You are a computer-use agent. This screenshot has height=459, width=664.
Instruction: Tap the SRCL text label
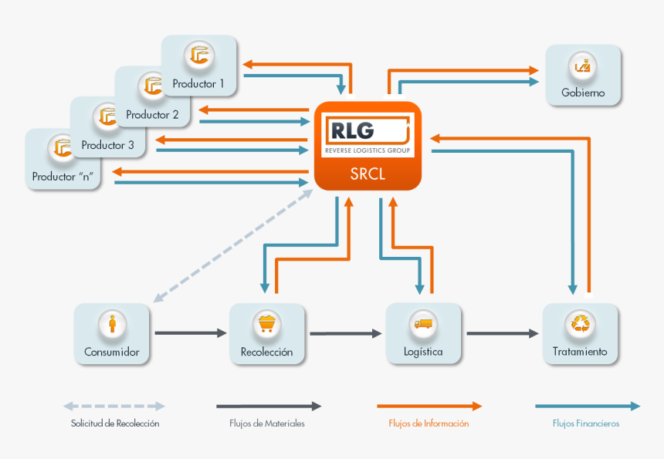(368, 174)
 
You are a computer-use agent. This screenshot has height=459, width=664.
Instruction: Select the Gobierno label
(583, 93)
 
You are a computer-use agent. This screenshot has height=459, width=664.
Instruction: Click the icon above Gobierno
(583, 67)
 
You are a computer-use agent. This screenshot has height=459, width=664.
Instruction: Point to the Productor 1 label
(198, 83)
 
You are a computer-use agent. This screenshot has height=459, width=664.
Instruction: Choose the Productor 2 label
(152, 114)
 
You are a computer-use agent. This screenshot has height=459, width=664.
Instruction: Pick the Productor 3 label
(107, 145)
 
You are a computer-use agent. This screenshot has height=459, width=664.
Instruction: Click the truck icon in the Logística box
(423, 324)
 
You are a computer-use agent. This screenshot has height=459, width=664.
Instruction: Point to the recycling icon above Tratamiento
(580, 324)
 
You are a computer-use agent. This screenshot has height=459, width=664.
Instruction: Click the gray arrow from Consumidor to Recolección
(190, 333)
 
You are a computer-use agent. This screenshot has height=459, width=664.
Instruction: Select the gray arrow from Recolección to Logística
(345, 333)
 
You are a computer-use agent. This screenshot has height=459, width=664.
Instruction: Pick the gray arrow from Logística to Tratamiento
(502, 333)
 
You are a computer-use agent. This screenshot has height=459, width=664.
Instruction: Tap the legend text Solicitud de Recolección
(114, 424)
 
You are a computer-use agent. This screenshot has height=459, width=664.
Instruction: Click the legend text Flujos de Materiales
(267, 424)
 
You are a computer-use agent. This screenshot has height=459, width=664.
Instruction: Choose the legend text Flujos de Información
(429, 424)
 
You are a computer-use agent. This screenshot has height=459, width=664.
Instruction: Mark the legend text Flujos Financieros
(586, 424)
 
